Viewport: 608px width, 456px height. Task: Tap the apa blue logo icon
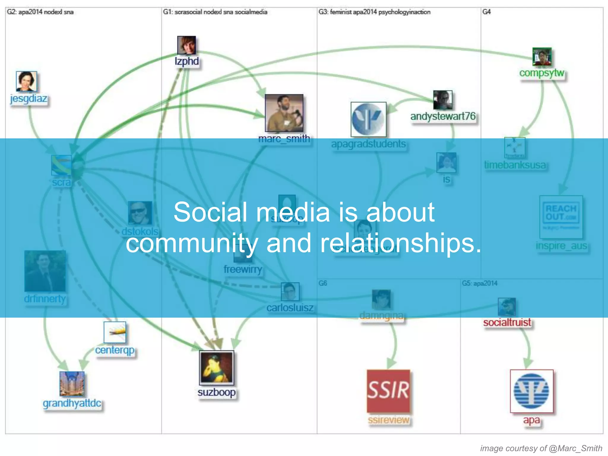pyautogui.click(x=531, y=391)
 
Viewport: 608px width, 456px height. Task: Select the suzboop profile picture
pyautogui.click(x=216, y=368)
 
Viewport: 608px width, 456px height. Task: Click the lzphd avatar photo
pyautogui.click(x=186, y=45)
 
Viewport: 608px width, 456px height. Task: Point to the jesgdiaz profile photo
pyautogui.click(x=26, y=81)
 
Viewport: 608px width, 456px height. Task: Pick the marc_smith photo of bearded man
pyautogui.click(x=284, y=113)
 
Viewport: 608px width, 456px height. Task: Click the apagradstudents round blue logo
pyautogui.click(x=368, y=119)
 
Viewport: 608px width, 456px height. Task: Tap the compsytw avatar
pyautogui.click(x=542, y=56)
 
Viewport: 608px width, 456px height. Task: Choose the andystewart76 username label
pyautogui.click(x=443, y=116)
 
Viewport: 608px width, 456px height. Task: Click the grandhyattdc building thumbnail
pyautogui.click(x=72, y=384)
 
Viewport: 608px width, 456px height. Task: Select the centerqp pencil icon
pyautogui.click(x=115, y=332)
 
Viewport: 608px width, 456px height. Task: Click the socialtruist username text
pyautogui.click(x=507, y=322)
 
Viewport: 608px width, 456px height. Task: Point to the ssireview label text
pyautogui.click(x=388, y=420)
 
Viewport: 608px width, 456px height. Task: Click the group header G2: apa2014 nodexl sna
pyautogui.click(x=40, y=12)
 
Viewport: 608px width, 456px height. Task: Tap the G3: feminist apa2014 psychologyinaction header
pyautogui.click(x=374, y=12)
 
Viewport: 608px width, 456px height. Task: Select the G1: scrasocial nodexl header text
pyautogui.click(x=215, y=12)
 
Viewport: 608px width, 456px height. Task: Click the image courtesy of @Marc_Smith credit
pyautogui.click(x=541, y=448)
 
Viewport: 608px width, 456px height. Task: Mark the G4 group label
pyautogui.click(x=486, y=12)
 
